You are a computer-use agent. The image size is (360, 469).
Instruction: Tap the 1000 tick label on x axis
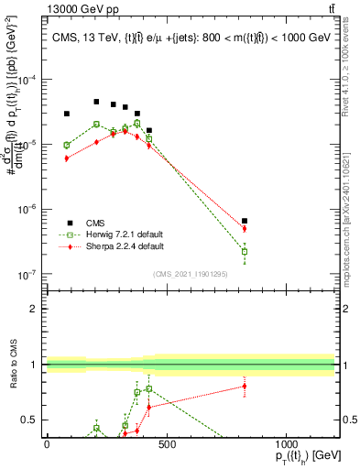(287, 443)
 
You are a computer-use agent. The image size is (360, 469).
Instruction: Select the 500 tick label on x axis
(167, 443)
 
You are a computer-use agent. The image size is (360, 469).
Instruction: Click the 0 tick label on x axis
(47, 443)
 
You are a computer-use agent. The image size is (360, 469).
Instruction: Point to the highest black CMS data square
(96, 102)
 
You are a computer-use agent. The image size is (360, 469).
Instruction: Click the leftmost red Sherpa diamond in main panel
(66, 158)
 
